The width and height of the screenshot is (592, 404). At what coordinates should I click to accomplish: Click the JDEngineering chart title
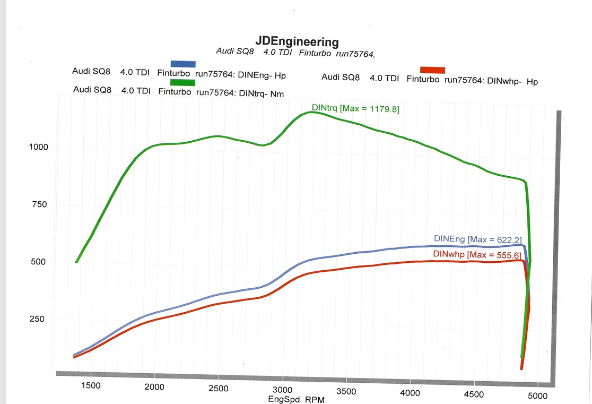pyautogui.click(x=297, y=41)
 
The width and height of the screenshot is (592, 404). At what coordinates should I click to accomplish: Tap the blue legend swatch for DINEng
pyautogui.click(x=182, y=64)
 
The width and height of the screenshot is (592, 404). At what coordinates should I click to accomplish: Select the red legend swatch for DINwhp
pyautogui.click(x=432, y=70)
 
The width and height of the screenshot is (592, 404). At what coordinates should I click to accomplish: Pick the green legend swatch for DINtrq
pyautogui.click(x=182, y=82)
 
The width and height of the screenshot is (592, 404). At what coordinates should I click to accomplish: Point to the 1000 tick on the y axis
pyautogui.click(x=39, y=147)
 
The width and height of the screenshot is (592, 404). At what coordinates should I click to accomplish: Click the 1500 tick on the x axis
pyautogui.click(x=91, y=386)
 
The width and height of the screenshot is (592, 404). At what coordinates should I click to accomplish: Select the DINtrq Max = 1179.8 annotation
pyautogui.click(x=355, y=108)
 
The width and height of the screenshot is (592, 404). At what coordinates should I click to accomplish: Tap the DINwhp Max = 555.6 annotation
pyautogui.click(x=477, y=255)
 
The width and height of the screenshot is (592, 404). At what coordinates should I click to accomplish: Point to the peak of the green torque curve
pyautogui.click(x=312, y=112)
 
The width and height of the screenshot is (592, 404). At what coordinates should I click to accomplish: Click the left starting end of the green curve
pyautogui.click(x=77, y=261)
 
